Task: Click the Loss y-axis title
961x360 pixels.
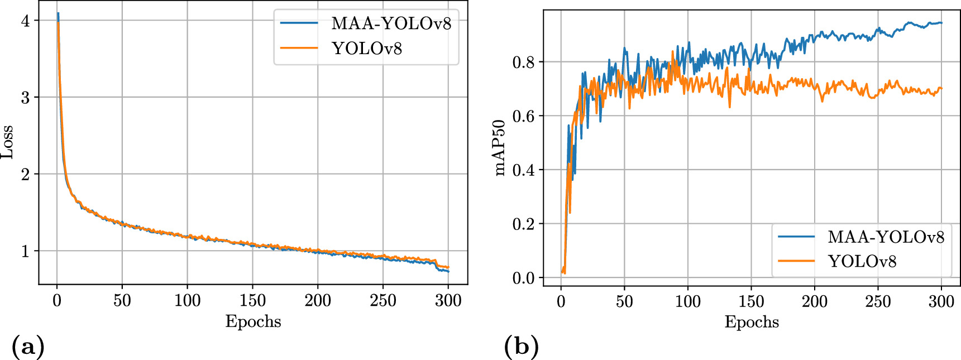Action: click(x=8, y=143)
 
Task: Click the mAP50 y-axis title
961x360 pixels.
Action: click(x=500, y=148)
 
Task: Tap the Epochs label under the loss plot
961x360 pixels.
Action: click(x=253, y=321)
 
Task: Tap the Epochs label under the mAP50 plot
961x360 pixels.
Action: click(x=752, y=322)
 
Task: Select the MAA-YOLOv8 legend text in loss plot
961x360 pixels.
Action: click(x=391, y=23)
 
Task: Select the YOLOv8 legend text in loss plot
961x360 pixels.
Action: click(x=367, y=49)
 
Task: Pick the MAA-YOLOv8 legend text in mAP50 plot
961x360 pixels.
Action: click(x=886, y=237)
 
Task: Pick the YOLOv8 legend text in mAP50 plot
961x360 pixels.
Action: click(x=862, y=261)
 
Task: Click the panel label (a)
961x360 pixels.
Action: click(x=27, y=347)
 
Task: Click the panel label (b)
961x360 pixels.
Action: click(x=522, y=347)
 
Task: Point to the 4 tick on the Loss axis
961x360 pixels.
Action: click(x=25, y=21)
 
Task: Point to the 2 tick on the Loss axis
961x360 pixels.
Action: click(x=25, y=174)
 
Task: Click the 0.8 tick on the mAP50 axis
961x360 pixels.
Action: click(x=523, y=62)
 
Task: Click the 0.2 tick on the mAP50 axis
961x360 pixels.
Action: click(x=523, y=224)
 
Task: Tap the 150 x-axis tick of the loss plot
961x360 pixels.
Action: click(x=252, y=301)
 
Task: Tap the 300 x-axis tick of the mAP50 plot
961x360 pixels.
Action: click(x=941, y=302)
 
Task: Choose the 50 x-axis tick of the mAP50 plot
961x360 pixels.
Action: click(x=624, y=302)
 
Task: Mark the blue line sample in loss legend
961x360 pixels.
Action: click(x=299, y=23)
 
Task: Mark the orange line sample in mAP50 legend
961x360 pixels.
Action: click(x=796, y=261)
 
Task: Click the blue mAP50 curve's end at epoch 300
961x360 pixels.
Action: click(x=941, y=23)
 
